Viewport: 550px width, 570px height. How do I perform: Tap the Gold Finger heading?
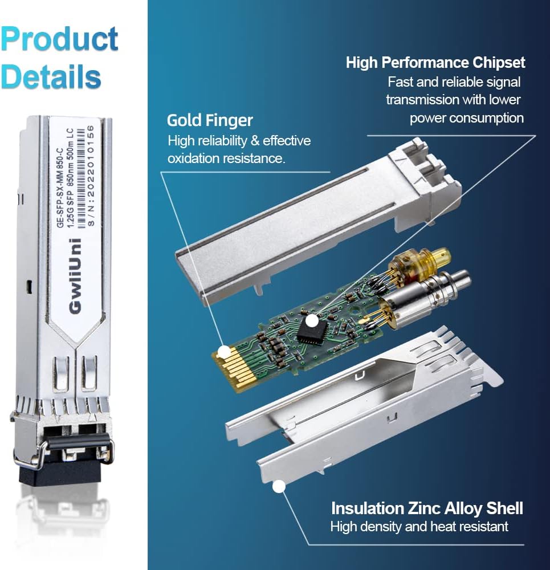click(210, 120)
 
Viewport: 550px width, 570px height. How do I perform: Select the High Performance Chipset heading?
click(435, 62)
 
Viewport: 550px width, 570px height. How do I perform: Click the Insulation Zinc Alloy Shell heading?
click(427, 507)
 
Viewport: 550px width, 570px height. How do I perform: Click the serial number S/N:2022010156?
click(92, 176)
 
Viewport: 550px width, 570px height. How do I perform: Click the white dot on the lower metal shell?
click(279, 486)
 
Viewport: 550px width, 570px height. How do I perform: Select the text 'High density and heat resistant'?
click(419, 527)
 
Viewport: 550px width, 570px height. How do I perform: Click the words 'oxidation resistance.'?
click(226, 158)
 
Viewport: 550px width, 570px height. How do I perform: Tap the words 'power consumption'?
click(466, 118)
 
